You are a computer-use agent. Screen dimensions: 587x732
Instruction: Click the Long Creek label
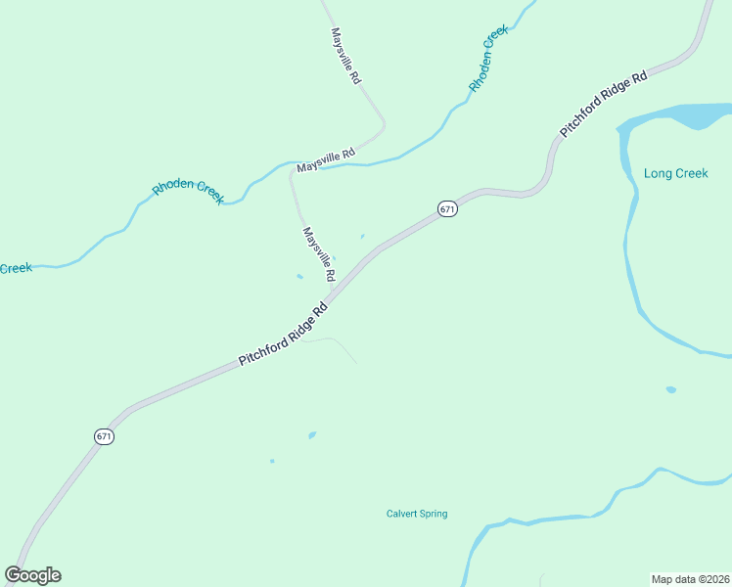(675, 173)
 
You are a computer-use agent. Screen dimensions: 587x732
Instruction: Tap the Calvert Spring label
(417, 514)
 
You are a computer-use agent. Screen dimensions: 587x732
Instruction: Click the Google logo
(32, 575)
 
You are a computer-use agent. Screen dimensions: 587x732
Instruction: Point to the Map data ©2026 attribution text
(689, 578)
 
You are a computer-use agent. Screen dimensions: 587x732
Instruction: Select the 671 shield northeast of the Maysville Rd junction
(447, 209)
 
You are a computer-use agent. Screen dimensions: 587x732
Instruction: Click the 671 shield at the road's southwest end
(105, 436)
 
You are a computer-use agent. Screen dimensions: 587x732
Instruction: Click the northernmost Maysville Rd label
(346, 55)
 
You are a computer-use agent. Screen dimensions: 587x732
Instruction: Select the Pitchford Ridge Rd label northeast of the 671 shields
(604, 103)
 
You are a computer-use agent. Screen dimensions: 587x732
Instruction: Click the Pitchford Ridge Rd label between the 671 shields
(282, 337)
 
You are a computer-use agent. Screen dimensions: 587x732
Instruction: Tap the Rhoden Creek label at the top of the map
(489, 59)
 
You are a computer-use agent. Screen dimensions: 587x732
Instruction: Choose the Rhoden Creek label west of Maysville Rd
(189, 191)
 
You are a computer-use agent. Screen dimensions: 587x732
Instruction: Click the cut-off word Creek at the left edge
(16, 268)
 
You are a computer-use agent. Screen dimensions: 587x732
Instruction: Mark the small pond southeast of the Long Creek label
(670, 389)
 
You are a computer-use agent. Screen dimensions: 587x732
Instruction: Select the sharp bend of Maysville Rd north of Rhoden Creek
(383, 124)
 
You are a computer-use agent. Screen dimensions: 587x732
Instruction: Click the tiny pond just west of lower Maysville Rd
(299, 276)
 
